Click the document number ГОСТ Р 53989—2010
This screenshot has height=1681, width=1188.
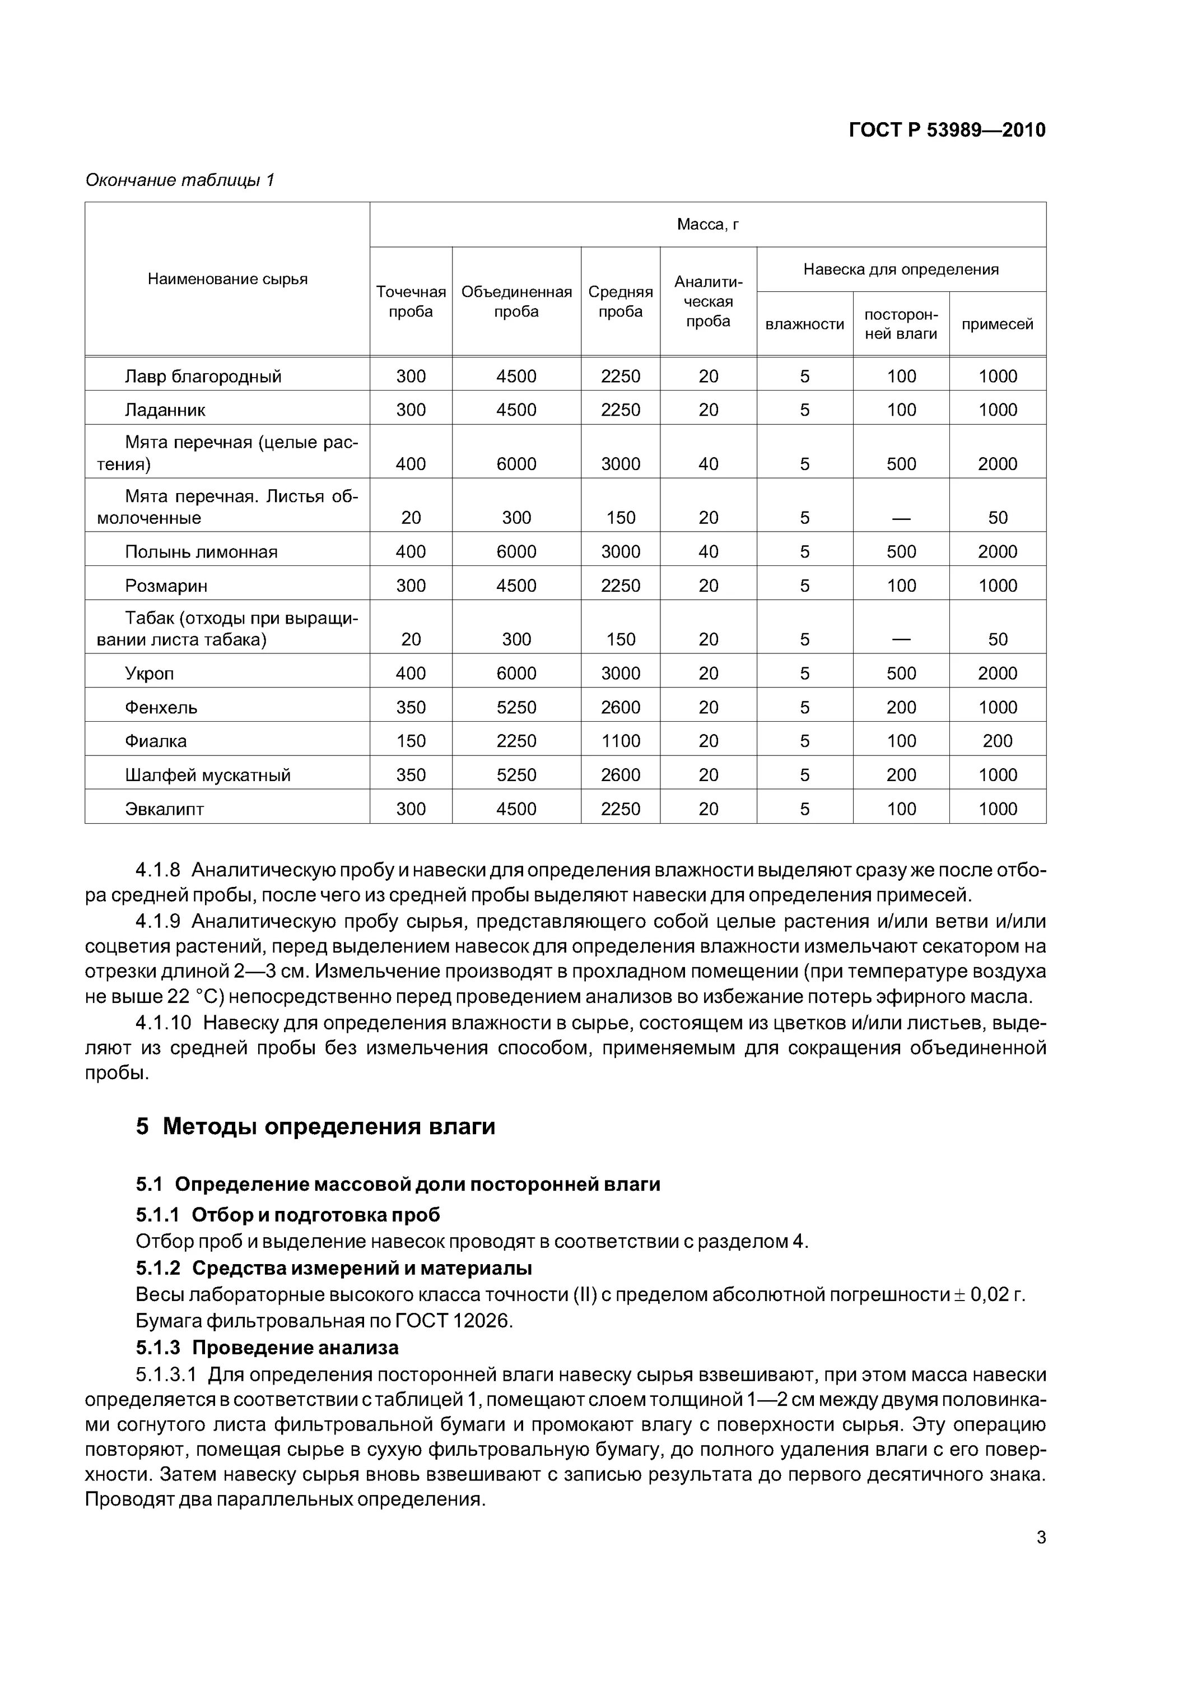pyautogui.click(x=947, y=131)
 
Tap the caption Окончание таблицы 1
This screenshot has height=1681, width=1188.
pyautogui.click(x=179, y=180)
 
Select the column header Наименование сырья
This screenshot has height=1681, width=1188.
pyautogui.click(x=227, y=279)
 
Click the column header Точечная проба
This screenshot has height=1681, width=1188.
pyautogui.click(x=411, y=301)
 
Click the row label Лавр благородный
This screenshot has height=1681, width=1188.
pyautogui.click(x=203, y=377)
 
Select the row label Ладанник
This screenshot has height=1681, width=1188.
pyautogui.click(x=165, y=410)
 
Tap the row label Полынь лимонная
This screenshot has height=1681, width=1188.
pyautogui.click(x=201, y=552)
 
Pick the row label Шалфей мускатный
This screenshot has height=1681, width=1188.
pyautogui.click(x=208, y=776)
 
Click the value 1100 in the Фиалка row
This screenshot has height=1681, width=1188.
pyautogui.click(x=620, y=741)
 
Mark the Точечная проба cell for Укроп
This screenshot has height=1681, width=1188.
pyautogui.click(x=411, y=674)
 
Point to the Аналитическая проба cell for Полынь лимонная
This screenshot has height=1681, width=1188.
pyautogui.click(x=708, y=552)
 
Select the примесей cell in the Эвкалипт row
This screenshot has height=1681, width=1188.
pyautogui.click(x=998, y=809)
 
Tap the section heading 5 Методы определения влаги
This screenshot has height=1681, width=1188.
pyautogui.click(x=315, y=1126)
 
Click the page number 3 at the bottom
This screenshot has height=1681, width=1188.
pyautogui.click(x=1041, y=1538)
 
